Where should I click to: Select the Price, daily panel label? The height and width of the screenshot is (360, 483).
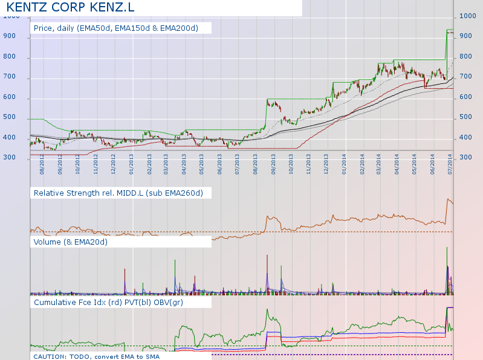point(121,28)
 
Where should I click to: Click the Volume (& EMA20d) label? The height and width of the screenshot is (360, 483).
point(71,242)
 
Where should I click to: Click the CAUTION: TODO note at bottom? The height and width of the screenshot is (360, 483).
point(121,356)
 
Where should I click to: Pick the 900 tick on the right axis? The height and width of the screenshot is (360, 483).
point(466,36)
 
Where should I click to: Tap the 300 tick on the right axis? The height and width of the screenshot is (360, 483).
point(466,157)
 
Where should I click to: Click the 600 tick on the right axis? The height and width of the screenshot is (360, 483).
point(466,97)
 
